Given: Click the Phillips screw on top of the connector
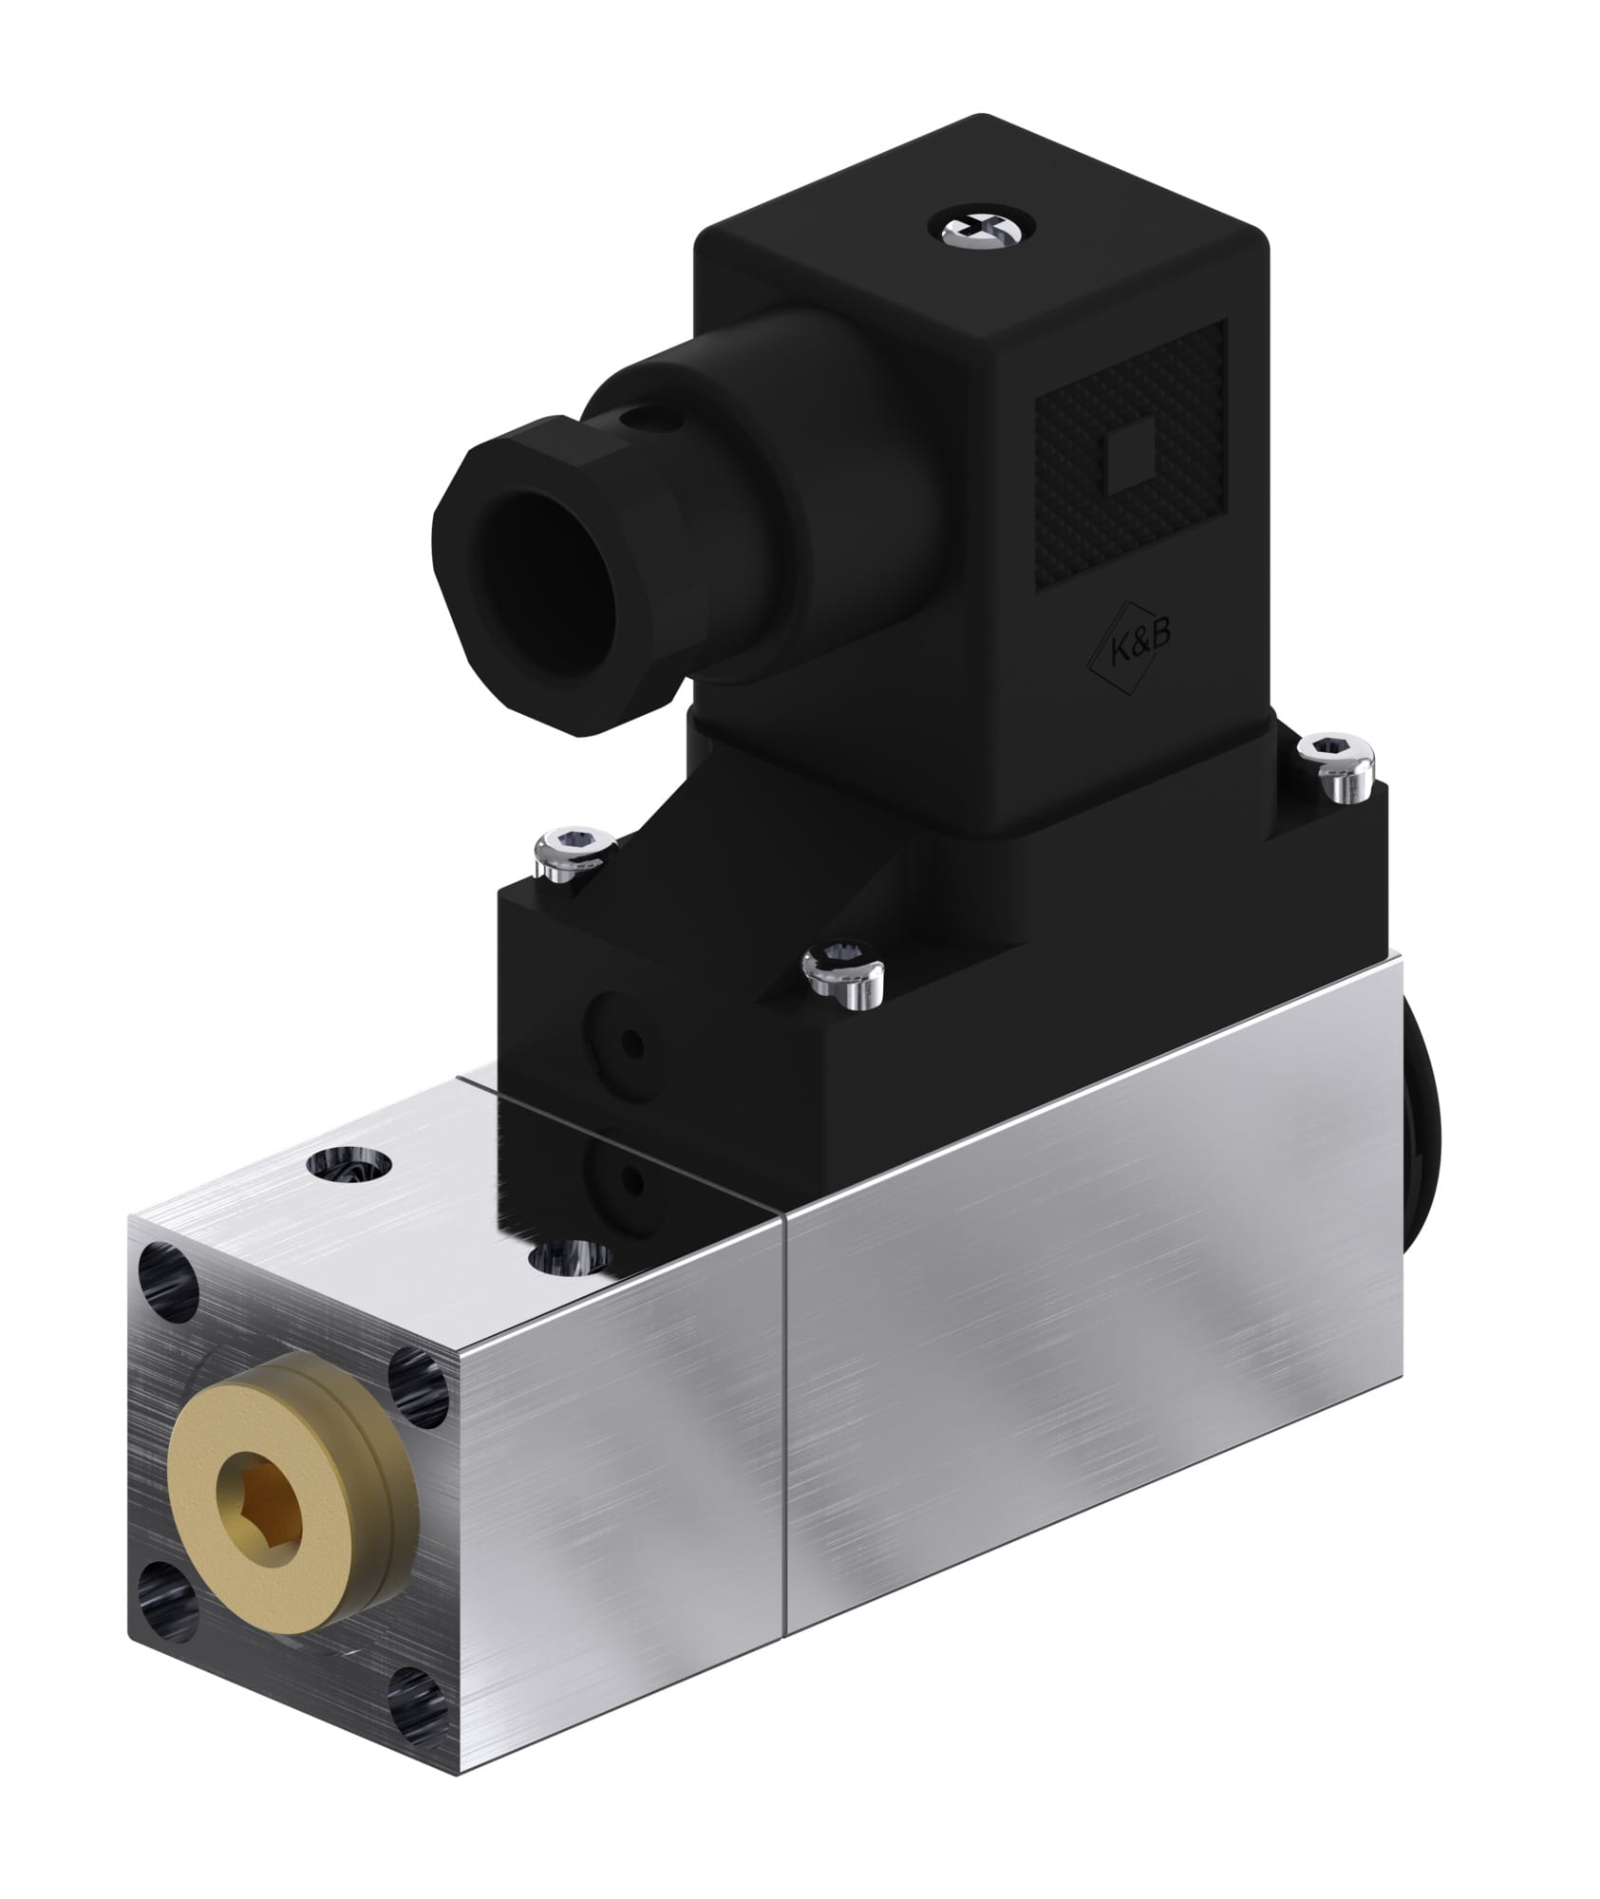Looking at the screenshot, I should [988, 230].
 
